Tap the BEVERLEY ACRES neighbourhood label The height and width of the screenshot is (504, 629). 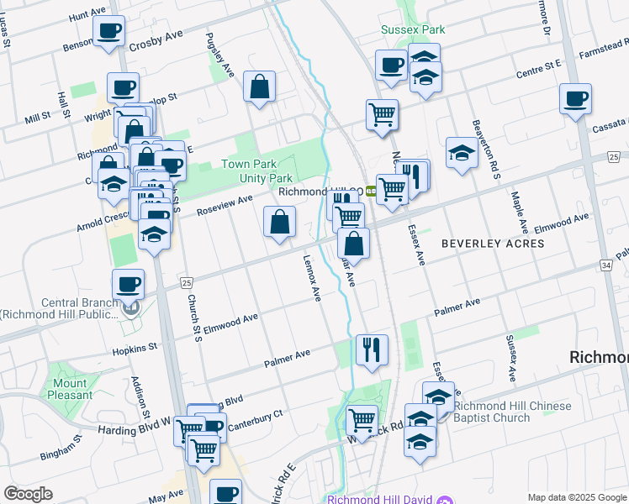click(x=493, y=244)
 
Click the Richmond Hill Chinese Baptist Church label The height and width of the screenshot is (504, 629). click(x=502, y=412)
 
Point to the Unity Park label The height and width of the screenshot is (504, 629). click(x=268, y=178)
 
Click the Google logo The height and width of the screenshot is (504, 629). click(x=28, y=494)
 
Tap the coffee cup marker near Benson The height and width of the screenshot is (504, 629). click(x=108, y=32)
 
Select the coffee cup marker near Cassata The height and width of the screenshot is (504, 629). click(x=576, y=98)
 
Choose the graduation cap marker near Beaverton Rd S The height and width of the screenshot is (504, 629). click(x=462, y=152)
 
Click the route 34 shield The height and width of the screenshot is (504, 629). click(x=605, y=265)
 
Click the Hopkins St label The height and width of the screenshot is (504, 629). click(x=140, y=347)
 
